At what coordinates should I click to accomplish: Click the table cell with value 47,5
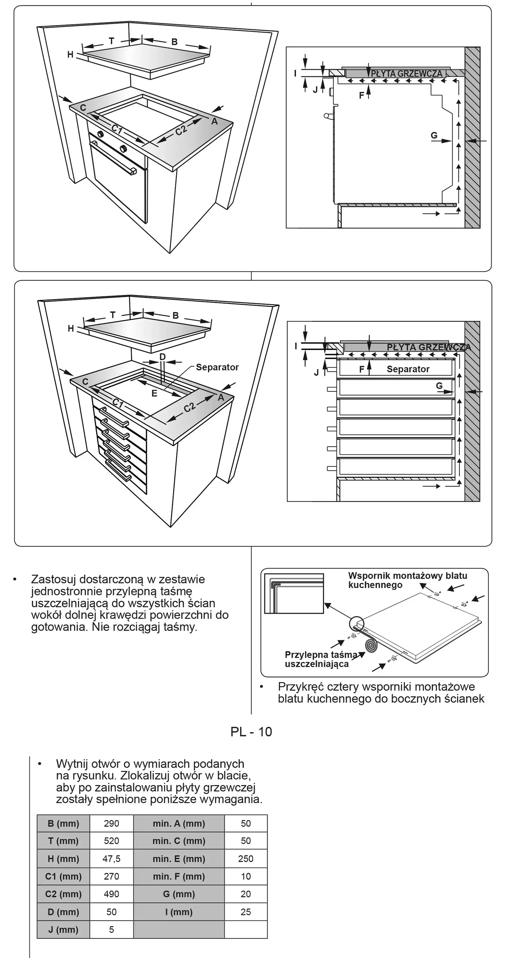[111, 859]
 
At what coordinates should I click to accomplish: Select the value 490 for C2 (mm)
[111, 894]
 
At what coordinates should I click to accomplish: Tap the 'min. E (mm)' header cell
[179, 859]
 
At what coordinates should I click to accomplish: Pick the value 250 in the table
[246, 859]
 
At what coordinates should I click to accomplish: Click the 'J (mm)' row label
[63, 929]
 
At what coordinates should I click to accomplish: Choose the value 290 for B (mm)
[111, 823]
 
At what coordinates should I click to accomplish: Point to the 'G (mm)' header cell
[179, 894]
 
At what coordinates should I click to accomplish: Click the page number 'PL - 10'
[251, 732]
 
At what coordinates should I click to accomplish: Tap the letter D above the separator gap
[163, 357]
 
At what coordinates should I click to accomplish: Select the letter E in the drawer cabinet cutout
[154, 393]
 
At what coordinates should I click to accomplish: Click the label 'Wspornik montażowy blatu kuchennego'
[408, 580]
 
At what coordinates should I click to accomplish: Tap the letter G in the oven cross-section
[434, 135]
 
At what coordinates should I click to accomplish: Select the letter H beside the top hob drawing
[70, 55]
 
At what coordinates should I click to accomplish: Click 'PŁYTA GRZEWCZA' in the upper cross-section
[407, 74]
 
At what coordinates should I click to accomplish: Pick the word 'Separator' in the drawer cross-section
[408, 369]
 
